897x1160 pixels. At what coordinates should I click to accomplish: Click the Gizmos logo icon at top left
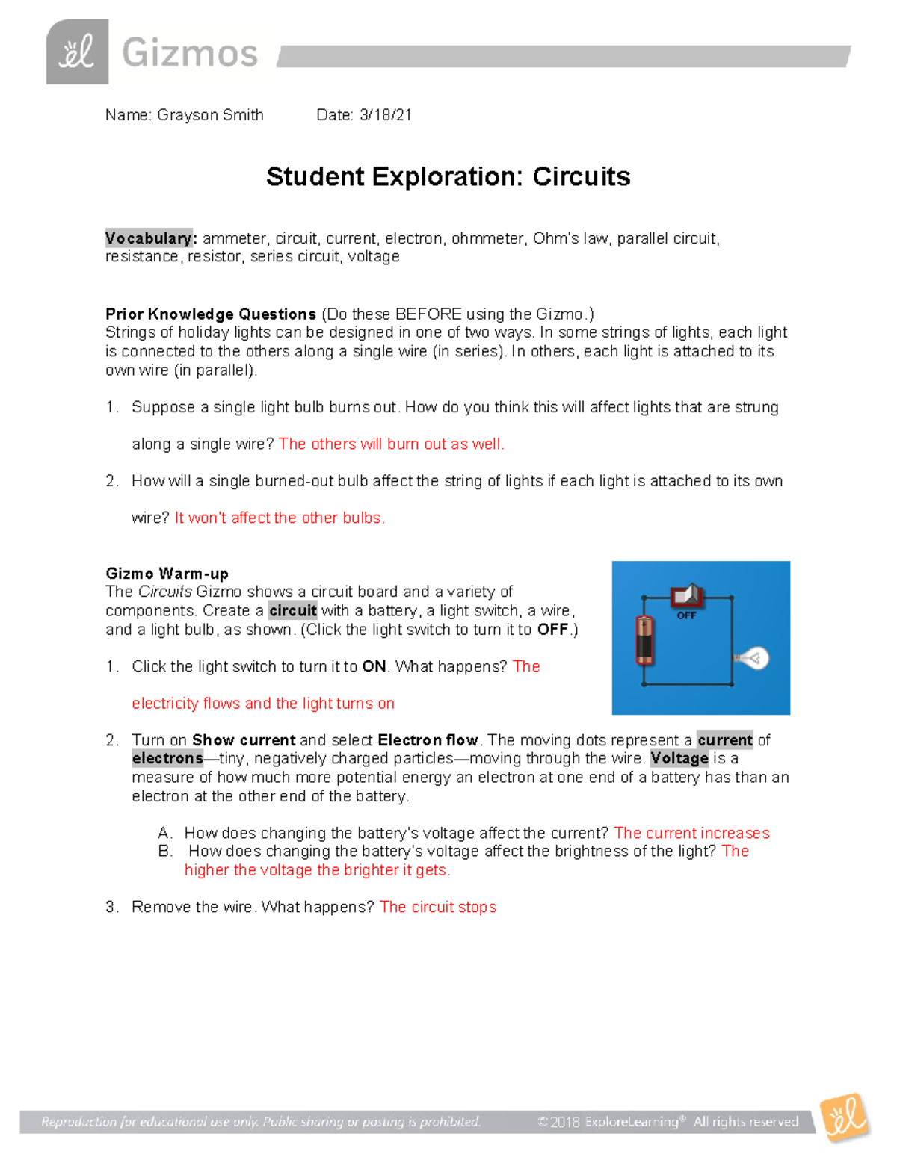(77, 52)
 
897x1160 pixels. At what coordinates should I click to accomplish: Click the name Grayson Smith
(210, 115)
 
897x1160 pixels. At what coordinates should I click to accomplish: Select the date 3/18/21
(385, 115)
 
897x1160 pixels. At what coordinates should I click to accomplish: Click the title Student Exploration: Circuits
(448, 177)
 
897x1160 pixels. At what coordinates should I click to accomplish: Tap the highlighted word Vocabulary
(149, 238)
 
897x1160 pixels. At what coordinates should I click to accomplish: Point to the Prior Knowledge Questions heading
(211, 314)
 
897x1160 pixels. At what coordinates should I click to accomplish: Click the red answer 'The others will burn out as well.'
(391, 444)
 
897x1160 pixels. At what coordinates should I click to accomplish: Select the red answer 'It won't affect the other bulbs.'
(280, 518)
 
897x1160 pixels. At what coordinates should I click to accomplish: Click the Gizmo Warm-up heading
(167, 574)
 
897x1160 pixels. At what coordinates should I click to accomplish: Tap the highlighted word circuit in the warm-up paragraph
(293, 610)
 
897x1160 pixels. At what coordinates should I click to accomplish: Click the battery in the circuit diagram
(644, 639)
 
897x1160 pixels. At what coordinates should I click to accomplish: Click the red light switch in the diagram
(685, 596)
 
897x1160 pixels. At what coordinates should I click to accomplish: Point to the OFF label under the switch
(686, 615)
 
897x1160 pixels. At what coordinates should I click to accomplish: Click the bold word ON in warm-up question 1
(374, 666)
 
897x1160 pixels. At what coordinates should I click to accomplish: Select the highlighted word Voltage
(679, 758)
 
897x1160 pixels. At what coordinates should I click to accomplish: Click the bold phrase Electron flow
(428, 740)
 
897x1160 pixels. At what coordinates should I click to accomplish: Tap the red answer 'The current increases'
(691, 833)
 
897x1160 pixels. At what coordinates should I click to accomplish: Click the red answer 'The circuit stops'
(438, 907)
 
